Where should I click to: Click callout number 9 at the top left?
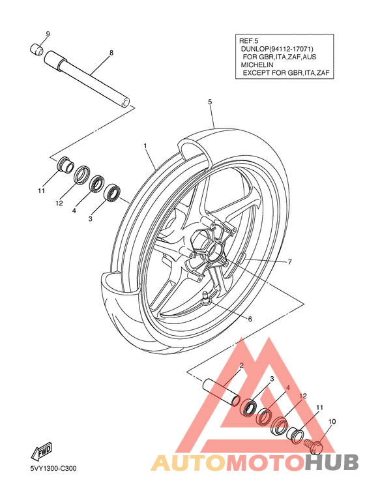point(48,34)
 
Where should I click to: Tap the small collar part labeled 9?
point(36,49)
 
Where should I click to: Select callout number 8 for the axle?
point(111,53)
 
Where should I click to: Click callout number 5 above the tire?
point(210,102)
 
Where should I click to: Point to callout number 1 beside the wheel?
point(145,146)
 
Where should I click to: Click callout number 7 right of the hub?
point(290,262)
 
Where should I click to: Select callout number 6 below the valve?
point(250,319)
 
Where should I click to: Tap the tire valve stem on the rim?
point(205,297)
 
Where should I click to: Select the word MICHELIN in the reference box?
point(257,65)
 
